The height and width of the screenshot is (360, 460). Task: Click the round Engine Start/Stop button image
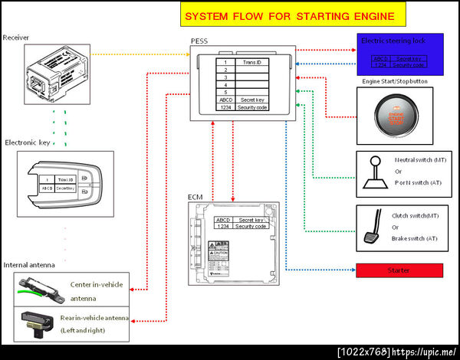coord(393,116)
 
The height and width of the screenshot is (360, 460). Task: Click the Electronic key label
coord(28,142)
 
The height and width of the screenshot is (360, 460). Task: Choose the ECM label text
coord(195,198)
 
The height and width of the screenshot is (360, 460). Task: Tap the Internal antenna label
coord(29,265)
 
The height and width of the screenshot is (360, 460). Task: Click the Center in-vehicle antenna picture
coord(38,290)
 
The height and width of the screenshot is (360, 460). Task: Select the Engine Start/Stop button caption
coord(395,80)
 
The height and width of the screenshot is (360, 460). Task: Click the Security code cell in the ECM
coord(251,226)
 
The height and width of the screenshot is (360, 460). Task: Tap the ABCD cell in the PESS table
coord(225,100)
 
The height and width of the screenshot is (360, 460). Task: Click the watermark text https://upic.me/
coord(424,352)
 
